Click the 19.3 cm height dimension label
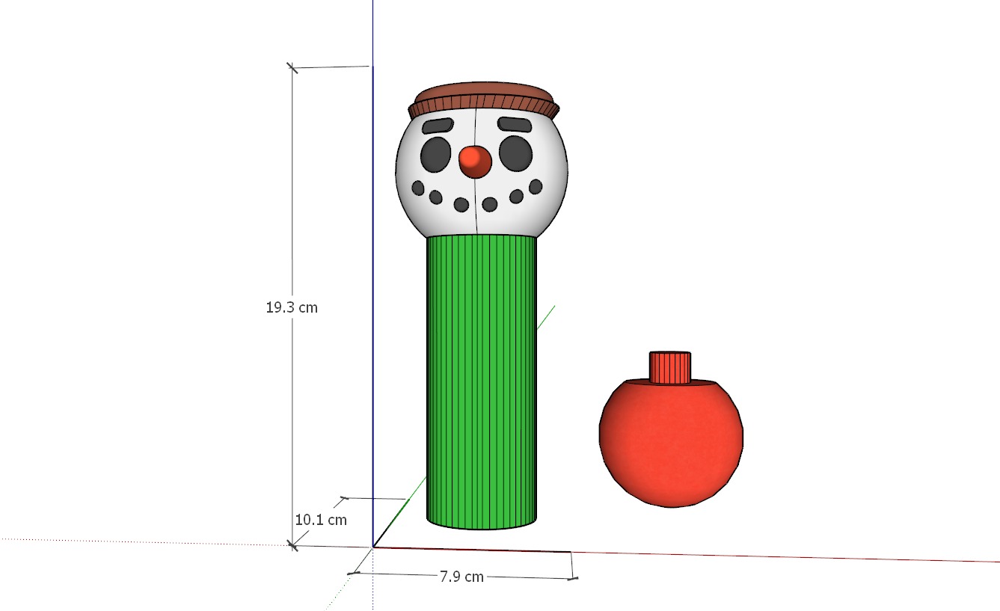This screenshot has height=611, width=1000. pos(292,307)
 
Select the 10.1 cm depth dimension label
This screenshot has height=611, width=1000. pos(321,520)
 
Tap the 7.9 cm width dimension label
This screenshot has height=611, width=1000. pos(461,577)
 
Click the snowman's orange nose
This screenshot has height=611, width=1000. pos(474,161)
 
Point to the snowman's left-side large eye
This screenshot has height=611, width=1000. pos(436,154)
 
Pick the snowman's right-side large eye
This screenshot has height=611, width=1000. pos(515,153)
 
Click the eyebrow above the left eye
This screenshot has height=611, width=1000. pos(438,126)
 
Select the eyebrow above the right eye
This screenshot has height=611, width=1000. pos(515,124)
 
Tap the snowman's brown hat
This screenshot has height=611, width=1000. pos(485,99)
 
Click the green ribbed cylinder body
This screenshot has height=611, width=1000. pos(482,381)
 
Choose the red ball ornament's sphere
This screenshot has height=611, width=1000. pos(671,445)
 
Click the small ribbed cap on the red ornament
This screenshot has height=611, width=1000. pos(669,367)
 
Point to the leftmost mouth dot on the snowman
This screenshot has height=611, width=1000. pos(418,188)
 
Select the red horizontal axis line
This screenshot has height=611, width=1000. pos(785,556)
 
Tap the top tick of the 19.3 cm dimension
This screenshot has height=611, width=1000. pos(292,68)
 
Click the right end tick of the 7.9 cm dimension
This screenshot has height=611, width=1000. pos(573,577)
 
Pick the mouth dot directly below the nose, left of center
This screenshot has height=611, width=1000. pos(461,204)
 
